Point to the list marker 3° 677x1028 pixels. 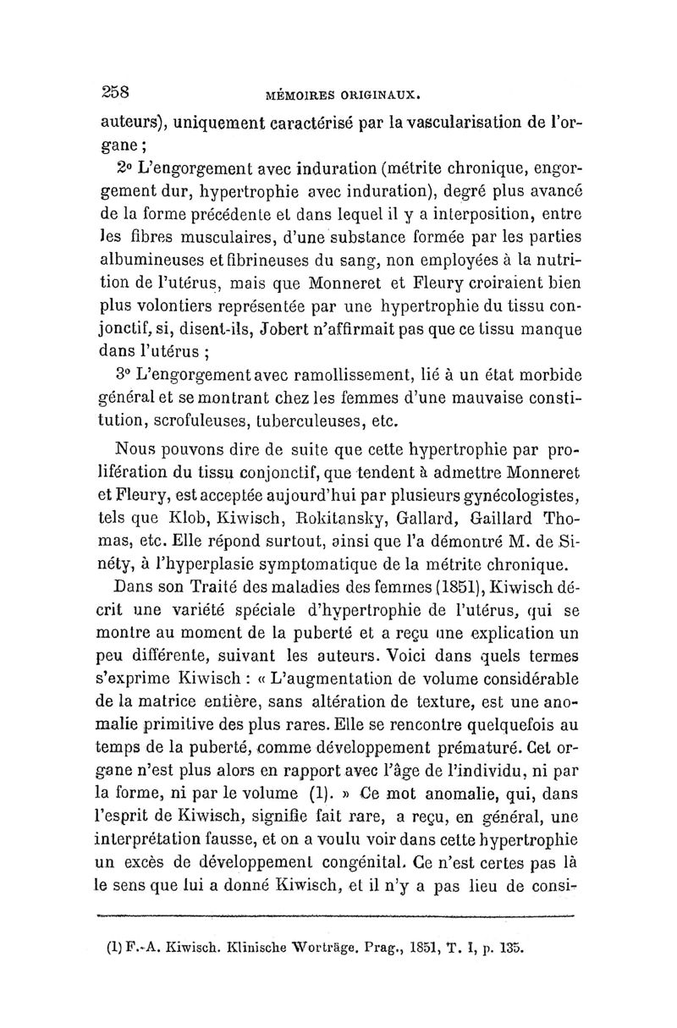126,373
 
